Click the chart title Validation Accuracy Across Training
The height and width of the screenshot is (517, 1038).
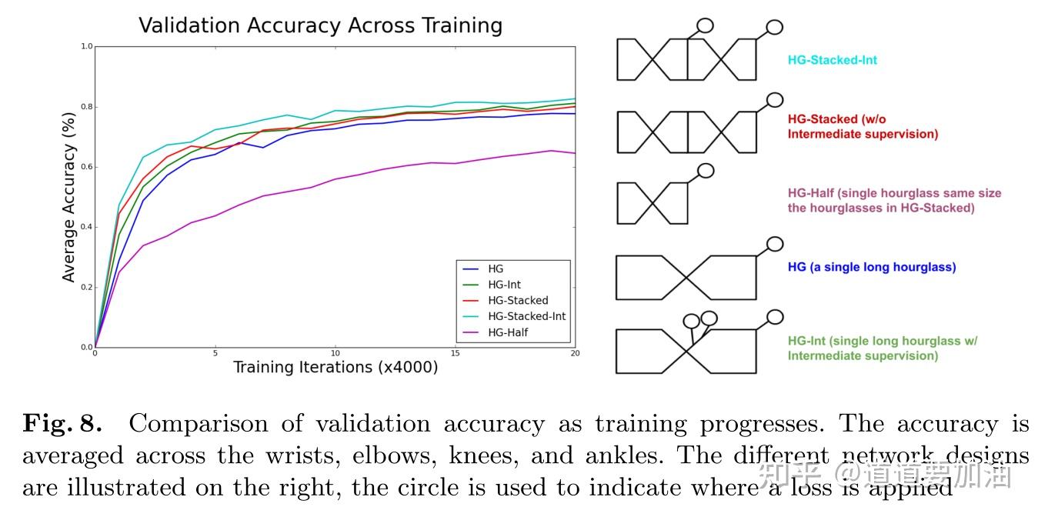point(320,25)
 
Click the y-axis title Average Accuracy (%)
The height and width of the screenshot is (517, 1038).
point(69,197)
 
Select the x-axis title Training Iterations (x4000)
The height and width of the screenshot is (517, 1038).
point(335,367)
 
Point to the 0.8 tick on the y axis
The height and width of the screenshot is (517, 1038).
point(87,107)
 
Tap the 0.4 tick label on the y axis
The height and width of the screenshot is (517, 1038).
point(87,227)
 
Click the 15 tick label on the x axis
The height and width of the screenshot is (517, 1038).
point(456,354)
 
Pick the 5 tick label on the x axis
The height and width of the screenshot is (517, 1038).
point(215,354)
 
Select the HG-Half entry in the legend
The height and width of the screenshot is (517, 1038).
point(507,332)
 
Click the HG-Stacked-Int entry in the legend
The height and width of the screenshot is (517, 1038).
point(526,316)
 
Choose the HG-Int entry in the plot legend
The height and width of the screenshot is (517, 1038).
point(504,285)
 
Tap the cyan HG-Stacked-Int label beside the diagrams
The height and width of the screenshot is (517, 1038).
point(832,60)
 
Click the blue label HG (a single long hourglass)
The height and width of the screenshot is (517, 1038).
point(871,268)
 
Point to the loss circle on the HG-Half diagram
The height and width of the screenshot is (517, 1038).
point(705,171)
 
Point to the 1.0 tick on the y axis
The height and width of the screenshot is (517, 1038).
point(87,47)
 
